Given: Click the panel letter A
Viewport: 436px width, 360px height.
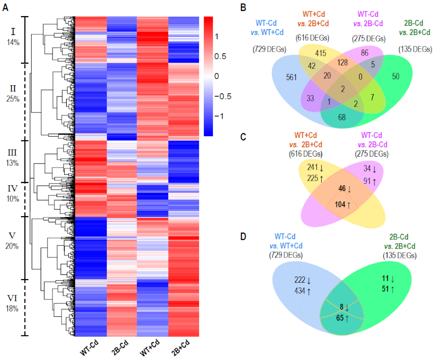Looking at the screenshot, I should coord(5,7).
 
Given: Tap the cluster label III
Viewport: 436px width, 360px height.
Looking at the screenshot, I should coord(12,152).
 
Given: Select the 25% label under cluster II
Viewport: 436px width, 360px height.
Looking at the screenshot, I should coord(13,99).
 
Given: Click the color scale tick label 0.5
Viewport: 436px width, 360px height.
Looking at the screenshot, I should coord(220,56).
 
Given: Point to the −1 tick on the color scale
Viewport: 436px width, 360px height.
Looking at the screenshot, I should coord(219,116).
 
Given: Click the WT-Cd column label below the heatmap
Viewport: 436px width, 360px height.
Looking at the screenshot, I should coord(89,347).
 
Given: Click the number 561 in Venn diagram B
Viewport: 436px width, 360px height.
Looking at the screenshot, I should coord(291,77).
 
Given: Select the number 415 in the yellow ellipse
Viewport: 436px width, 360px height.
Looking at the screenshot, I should coord(321,53).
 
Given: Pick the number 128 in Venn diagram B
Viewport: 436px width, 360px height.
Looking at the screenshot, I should coord(342,62).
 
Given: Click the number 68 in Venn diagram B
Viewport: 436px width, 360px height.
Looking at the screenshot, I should coord(342,117).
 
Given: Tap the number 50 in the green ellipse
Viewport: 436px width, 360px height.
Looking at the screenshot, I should coord(396,76).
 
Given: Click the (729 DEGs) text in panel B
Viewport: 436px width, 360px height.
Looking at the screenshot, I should coord(269,49).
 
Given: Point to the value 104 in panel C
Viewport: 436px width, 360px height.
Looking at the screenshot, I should coord(340,204).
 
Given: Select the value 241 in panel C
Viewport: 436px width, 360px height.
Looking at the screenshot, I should coord(312,167).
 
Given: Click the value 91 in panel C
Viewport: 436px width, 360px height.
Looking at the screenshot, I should coord(367,181).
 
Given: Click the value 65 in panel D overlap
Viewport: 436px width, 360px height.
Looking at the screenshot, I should coord(340,318).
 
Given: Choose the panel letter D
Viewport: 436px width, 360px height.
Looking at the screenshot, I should coord(243,237).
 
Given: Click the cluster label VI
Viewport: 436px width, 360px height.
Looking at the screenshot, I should coord(12,298).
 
